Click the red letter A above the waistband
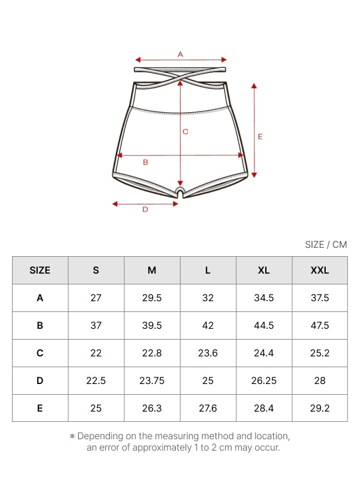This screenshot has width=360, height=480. point(181,55)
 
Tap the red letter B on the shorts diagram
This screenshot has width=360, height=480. point(145,162)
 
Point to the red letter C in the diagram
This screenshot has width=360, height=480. point(185,131)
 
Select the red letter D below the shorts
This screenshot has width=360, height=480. point(145,209)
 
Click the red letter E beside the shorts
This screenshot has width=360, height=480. point(260,137)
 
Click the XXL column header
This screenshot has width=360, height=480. point(320,271)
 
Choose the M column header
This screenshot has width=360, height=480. point(152,271)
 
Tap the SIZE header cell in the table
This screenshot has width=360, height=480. point(40,271)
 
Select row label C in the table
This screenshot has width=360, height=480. point(40,353)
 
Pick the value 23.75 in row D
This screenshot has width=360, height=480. point(152,380)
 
